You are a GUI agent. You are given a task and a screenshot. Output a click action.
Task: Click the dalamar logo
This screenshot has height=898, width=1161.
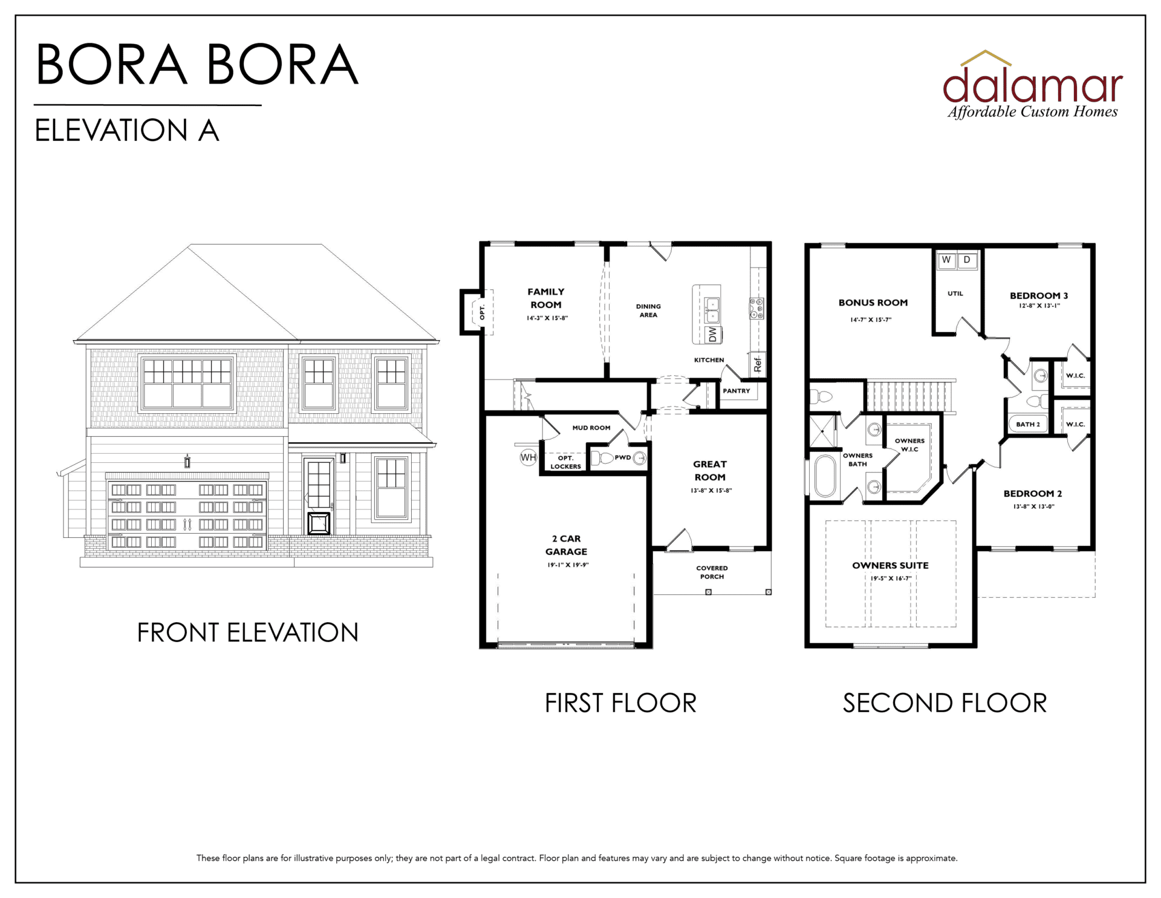[1033, 85]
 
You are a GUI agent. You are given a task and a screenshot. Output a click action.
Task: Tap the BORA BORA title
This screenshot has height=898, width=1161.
[197, 65]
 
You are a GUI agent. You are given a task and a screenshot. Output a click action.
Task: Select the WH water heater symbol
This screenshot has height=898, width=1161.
[528, 457]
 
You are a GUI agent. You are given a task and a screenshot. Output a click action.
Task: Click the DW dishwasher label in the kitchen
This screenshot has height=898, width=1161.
[713, 335]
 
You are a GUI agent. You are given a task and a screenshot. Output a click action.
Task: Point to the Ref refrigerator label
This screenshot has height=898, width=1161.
[758, 364]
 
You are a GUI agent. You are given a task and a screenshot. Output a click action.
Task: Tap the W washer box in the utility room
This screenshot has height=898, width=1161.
[946, 260]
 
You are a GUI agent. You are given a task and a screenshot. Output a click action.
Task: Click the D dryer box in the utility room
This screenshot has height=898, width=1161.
[967, 260]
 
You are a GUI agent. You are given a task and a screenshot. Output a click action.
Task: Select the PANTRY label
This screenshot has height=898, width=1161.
[737, 391]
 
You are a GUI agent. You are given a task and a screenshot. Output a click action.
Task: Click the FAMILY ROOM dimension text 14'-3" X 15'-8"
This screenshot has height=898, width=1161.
[547, 318]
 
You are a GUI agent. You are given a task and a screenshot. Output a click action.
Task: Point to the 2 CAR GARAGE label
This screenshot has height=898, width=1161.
[566, 545]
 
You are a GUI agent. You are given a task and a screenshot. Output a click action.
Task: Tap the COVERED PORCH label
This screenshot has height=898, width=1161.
[712, 572]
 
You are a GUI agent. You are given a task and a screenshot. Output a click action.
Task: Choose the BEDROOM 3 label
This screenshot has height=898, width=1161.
[1039, 295]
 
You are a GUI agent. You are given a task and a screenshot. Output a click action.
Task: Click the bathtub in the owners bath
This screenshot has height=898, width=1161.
[825, 476]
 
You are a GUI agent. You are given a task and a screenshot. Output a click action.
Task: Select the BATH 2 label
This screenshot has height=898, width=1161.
[1028, 424]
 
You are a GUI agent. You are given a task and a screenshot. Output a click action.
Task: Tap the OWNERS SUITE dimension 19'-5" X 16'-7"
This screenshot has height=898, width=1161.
[891, 578]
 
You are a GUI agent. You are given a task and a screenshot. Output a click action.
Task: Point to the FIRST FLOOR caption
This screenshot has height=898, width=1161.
[620, 703]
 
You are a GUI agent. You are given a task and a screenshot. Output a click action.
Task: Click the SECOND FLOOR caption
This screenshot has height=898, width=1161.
[945, 703]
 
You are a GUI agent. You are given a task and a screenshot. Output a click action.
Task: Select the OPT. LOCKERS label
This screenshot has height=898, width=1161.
[565, 462]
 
